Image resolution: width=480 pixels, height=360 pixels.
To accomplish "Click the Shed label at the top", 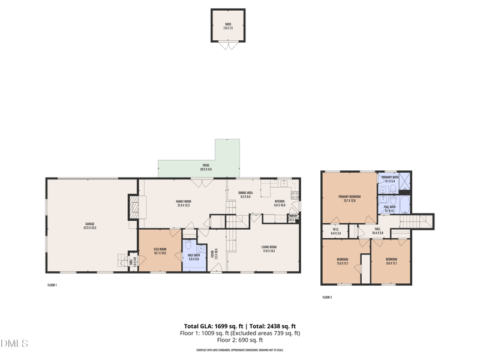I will [227, 24].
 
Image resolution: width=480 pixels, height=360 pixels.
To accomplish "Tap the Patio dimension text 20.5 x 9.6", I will [205, 170].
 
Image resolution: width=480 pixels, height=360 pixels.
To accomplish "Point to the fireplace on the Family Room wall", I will [134, 208].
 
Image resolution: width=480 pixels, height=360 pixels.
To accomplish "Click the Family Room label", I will [183, 201].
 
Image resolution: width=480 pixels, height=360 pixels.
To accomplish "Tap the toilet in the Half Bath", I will [188, 247].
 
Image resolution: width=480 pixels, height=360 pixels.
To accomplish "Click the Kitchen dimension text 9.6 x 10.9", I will [280, 205].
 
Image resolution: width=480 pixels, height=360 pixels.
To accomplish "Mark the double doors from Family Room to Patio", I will [201, 179].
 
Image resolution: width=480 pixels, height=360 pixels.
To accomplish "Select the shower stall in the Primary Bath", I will [405, 181].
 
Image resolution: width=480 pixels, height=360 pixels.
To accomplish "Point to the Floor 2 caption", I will [327, 298].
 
